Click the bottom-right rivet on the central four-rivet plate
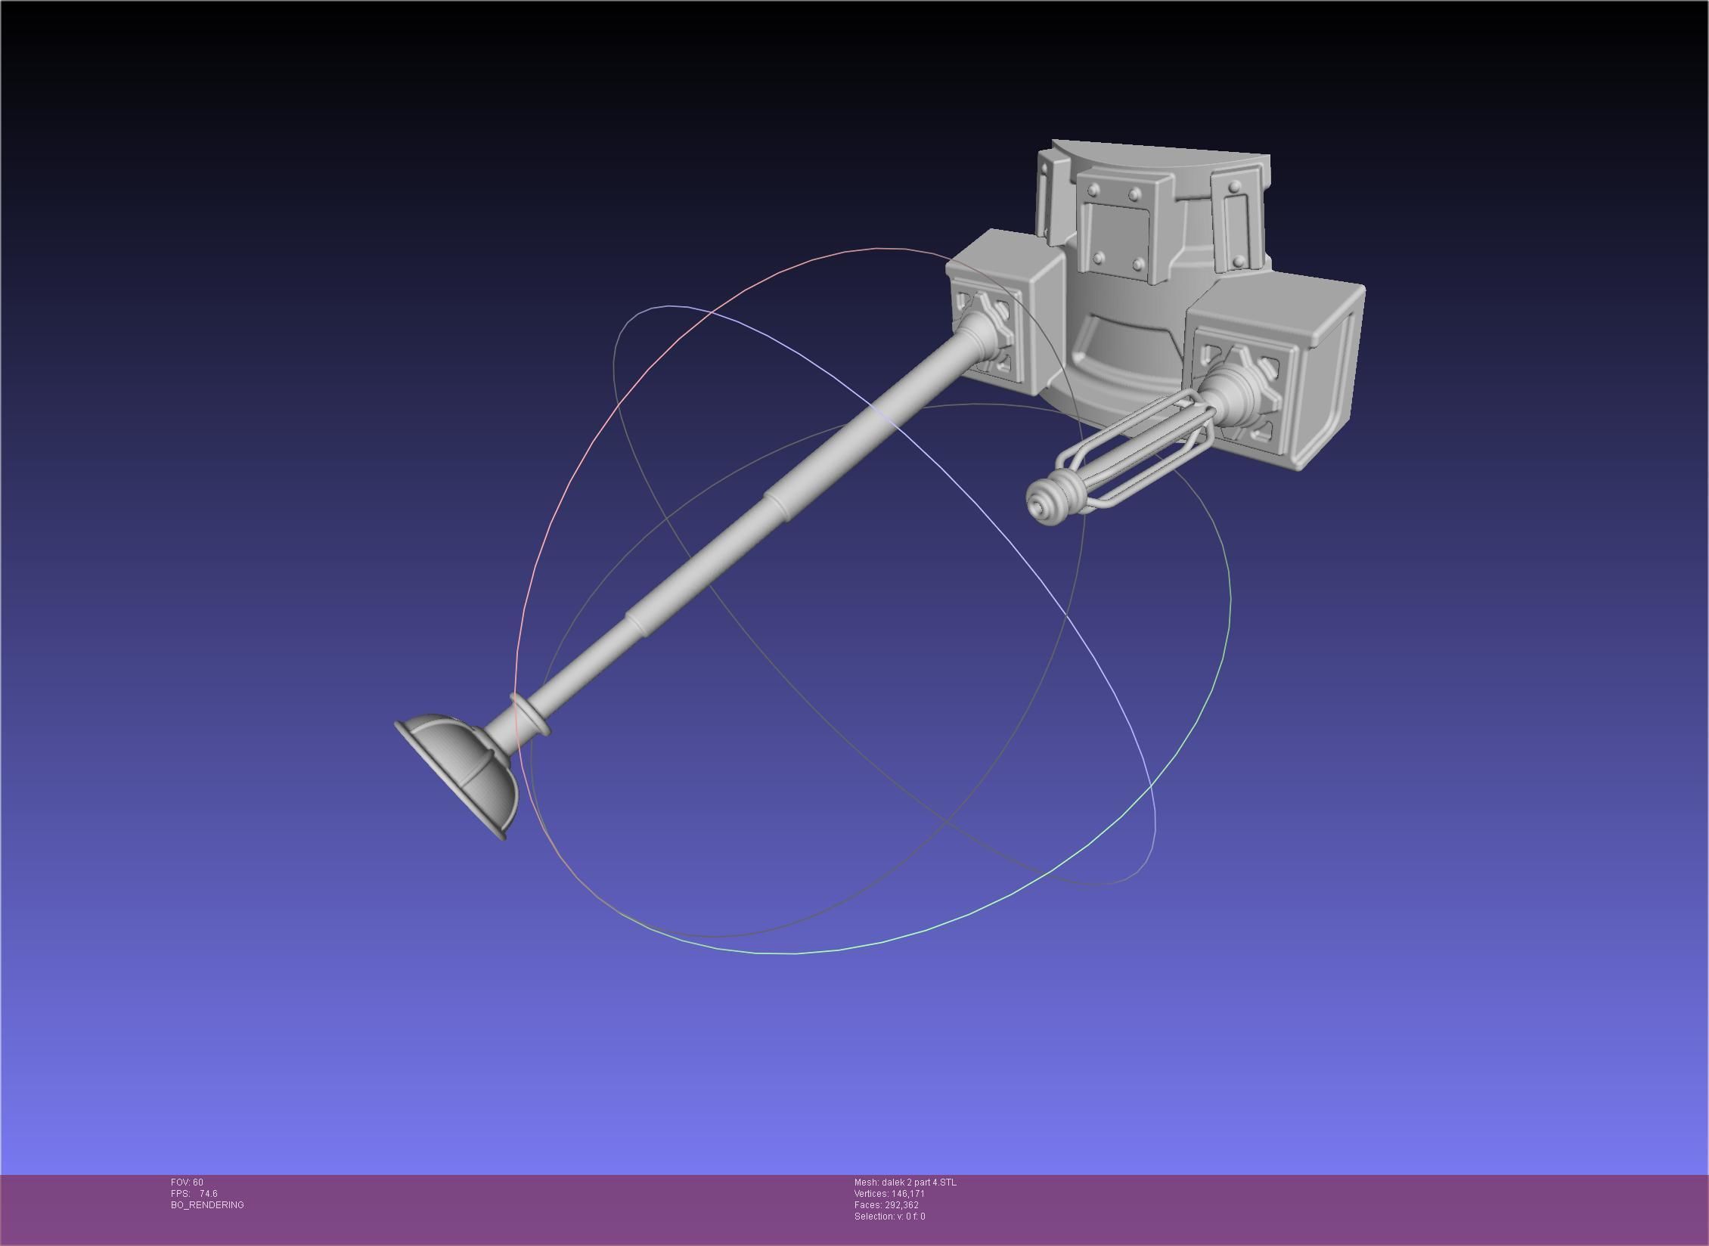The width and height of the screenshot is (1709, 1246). (x=1137, y=263)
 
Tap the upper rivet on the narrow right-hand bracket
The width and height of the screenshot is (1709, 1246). (x=1233, y=185)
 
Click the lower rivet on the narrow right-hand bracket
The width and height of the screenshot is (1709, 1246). (x=1238, y=262)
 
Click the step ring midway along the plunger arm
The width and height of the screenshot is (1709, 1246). (x=777, y=504)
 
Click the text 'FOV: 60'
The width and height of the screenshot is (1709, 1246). (x=187, y=1182)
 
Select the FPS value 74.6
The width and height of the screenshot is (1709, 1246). (x=208, y=1194)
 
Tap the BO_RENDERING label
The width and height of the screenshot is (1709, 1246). (x=207, y=1205)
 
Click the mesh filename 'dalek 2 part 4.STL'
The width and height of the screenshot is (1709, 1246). (x=919, y=1182)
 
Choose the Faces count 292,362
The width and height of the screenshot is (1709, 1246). (x=901, y=1205)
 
